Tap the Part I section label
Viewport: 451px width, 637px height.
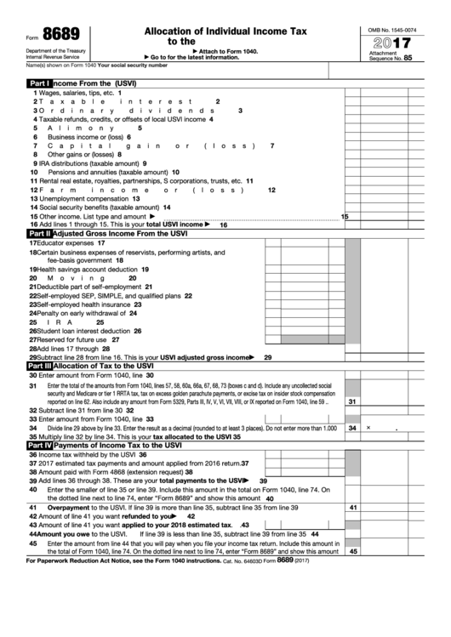[39, 83]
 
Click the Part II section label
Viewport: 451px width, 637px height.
[39, 233]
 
